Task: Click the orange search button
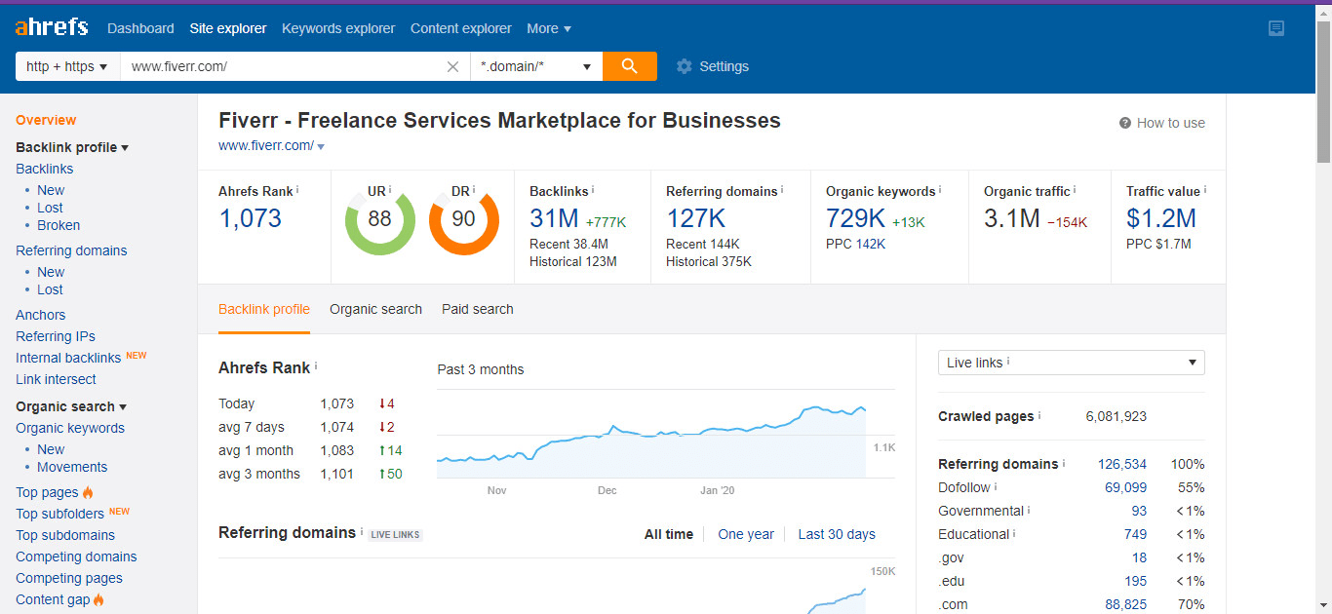(x=629, y=66)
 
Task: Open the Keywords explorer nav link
(x=338, y=28)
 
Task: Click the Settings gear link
(x=713, y=66)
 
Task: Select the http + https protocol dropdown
(x=67, y=66)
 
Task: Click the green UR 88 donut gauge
(x=379, y=220)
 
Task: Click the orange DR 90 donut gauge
(x=463, y=220)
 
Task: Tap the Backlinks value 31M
(x=554, y=218)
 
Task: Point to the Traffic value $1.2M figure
(x=1160, y=218)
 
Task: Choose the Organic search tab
(x=375, y=309)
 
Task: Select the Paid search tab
(x=477, y=309)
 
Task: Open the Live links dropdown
(x=1071, y=363)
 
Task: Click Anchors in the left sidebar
(x=41, y=315)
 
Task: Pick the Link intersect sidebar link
(x=56, y=379)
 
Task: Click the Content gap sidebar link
(x=53, y=599)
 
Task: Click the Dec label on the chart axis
(x=607, y=490)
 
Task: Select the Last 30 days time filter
(x=836, y=534)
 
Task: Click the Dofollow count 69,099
(x=1124, y=487)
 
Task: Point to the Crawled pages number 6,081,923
(x=1116, y=416)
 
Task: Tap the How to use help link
(x=1170, y=123)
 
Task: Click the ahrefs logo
(x=52, y=27)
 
